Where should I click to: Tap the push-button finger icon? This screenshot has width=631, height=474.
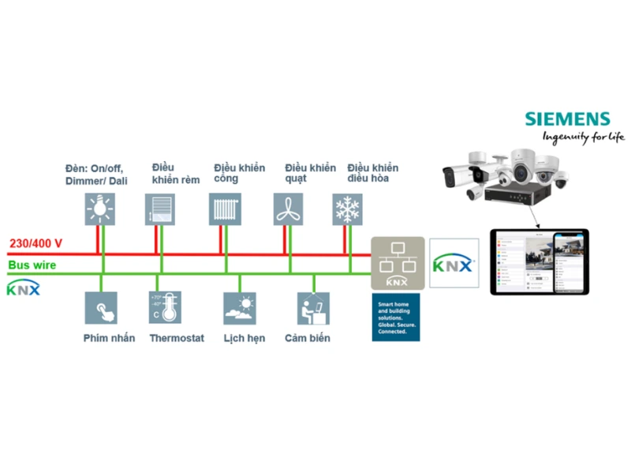[101, 307]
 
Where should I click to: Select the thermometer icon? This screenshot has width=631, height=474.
[165, 307]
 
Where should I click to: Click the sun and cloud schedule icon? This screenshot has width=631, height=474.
[239, 307]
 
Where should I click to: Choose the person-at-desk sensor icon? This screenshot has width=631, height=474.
[312, 307]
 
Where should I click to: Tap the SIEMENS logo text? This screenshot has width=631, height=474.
[568, 119]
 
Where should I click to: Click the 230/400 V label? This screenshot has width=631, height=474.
[35, 244]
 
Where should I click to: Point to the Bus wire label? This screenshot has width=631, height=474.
[31, 265]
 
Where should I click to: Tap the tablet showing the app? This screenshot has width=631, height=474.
[540, 262]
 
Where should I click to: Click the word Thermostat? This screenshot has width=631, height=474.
[177, 338]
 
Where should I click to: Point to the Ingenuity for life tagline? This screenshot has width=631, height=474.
[582, 137]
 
